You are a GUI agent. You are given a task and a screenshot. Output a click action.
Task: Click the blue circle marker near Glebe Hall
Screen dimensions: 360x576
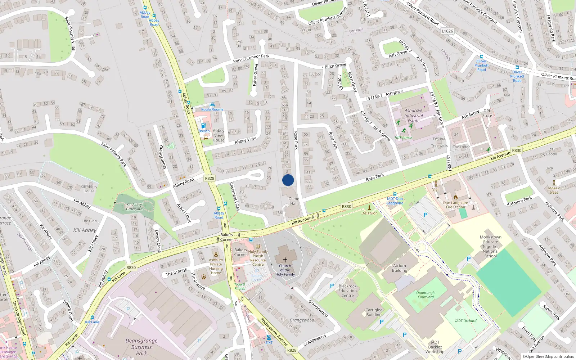pyautogui.click(x=288, y=180)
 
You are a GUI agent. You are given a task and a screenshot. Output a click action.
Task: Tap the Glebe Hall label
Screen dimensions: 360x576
pyautogui.click(x=294, y=201)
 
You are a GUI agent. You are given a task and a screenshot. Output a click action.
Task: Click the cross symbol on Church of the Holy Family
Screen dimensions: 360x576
pyautogui.click(x=285, y=260)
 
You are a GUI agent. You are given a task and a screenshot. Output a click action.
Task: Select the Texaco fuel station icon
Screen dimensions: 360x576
pyautogui.click(x=203, y=126)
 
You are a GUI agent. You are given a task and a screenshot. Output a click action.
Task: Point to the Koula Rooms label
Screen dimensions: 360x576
pyautogui.click(x=212, y=109)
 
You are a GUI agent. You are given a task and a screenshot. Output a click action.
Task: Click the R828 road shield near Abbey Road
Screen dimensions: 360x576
pyautogui.click(x=210, y=178)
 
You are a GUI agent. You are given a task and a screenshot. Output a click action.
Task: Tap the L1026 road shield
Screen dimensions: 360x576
pyautogui.click(x=447, y=31)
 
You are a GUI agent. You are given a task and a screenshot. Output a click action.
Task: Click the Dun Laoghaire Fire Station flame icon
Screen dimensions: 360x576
pyautogui.click(x=455, y=197)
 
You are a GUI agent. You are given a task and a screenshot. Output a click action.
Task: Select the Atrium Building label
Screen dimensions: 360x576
pyautogui.click(x=400, y=268)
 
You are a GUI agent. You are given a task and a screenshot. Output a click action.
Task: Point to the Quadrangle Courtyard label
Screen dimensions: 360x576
pyautogui.click(x=426, y=295)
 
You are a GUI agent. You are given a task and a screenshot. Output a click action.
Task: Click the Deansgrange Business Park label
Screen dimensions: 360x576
pyautogui.click(x=141, y=347)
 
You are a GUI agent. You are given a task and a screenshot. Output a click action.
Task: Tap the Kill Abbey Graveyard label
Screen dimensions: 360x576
pyautogui.click(x=134, y=207)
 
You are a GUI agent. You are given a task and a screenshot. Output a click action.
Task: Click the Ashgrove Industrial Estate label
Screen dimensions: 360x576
pyautogui.click(x=413, y=116)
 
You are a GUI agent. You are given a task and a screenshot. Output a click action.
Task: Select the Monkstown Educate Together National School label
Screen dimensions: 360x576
pyautogui.click(x=491, y=247)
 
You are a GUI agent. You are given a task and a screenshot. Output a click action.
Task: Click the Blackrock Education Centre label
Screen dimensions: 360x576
pyautogui.click(x=347, y=291)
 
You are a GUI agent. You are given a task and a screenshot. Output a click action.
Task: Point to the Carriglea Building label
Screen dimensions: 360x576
pyautogui.click(x=374, y=312)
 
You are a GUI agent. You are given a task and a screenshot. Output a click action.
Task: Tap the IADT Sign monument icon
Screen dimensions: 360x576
pyautogui.click(x=369, y=208)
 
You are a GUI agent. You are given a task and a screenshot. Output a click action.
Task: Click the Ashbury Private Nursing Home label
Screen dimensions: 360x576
pyautogui.click(x=216, y=266)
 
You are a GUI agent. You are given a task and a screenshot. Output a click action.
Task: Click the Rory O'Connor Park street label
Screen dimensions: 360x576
pyautogui.click(x=251, y=58)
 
